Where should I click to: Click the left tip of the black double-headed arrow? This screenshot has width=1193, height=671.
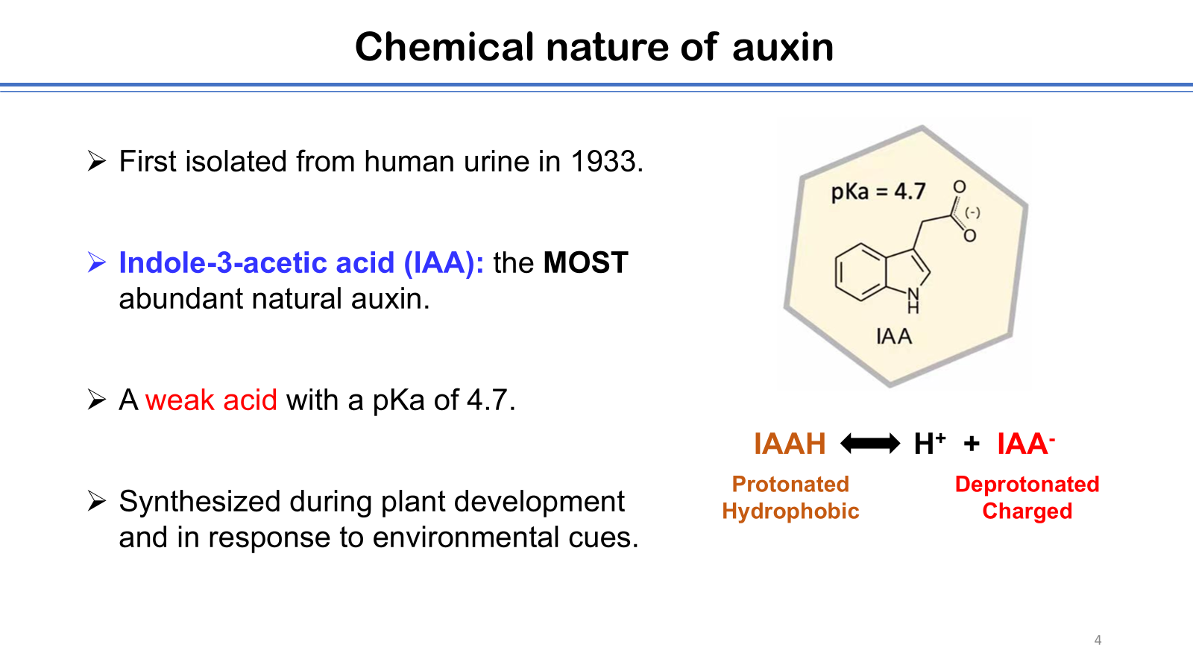[x=841, y=443]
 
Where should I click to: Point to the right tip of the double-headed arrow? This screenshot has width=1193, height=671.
[x=900, y=443]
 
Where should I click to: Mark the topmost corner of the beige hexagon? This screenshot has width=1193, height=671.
[x=922, y=126]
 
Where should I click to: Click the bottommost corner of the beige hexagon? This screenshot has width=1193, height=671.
[x=890, y=386]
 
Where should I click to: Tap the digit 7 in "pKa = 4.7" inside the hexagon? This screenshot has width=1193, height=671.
[x=919, y=191]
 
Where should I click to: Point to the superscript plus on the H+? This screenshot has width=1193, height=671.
[x=940, y=437]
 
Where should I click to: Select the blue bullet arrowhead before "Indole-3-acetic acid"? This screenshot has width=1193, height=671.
[x=96, y=262]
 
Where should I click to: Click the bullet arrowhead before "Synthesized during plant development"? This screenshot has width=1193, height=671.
[x=96, y=501]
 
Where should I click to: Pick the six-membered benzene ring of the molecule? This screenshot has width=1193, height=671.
[x=860, y=272]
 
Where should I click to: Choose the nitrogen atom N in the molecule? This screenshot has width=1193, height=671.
[x=913, y=294]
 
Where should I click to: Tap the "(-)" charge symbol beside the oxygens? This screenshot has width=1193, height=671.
[x=972, y=212]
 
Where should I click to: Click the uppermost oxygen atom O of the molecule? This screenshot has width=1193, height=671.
[x=959, y=187]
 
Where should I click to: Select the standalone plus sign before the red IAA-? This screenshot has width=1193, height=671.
[x=972, y=444]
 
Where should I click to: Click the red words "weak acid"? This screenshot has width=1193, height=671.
[x=211, y=400]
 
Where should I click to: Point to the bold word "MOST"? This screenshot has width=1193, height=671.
[x=585, y=262]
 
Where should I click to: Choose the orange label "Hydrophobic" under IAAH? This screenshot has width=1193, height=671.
[x=790, y=511]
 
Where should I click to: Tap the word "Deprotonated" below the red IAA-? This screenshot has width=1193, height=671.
[x=1027, y=484]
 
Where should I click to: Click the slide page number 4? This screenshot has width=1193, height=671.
[x=1098, y=640]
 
